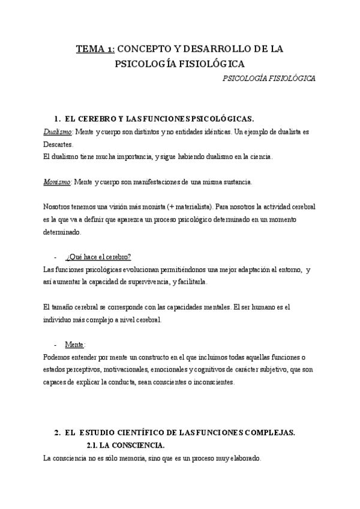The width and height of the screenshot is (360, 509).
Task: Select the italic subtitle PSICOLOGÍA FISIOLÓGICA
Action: (269, 78)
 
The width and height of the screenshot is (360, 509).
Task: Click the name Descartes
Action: (58, 144)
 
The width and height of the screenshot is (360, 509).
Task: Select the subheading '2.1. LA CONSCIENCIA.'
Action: (125, 445)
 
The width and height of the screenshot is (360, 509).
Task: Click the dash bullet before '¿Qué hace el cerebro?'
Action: (56, 257)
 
